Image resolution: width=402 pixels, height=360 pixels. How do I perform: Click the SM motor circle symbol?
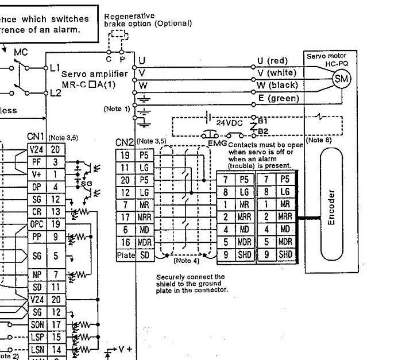point(342,79)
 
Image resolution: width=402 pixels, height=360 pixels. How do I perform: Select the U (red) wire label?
point(272,60)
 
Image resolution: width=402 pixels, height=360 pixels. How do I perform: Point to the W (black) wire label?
point(277,85)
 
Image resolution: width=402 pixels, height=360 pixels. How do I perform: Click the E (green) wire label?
point(279,98)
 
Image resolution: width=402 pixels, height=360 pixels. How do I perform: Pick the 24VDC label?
point(229,123)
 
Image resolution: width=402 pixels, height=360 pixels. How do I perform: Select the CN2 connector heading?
point(125,142)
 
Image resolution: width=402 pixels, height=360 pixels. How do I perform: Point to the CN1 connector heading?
point(36,137)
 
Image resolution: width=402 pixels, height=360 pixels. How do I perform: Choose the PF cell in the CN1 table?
point(36,162)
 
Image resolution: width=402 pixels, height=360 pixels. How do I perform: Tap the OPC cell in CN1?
point(36,224)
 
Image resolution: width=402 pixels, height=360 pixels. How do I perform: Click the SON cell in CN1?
point(36,325)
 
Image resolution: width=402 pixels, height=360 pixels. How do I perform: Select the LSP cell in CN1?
point(36,337)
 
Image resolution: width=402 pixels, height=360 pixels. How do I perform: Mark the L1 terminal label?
point(55,68)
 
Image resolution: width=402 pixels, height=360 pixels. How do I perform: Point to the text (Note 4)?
point(185,260)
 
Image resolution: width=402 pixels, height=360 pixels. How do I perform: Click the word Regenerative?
point(127,17)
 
